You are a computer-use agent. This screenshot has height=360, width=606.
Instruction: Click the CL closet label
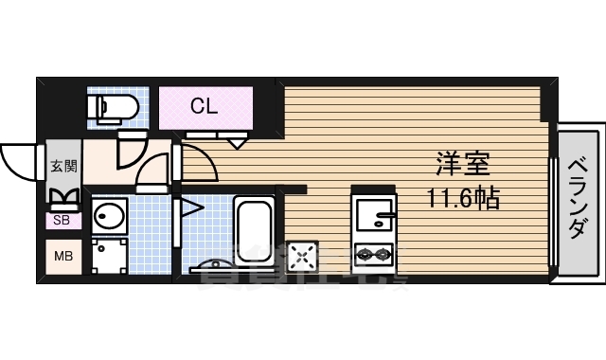pos(205,106)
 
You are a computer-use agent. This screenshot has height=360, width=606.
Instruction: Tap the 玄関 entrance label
pos(63,166)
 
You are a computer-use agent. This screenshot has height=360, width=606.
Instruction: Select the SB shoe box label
pos(63,221)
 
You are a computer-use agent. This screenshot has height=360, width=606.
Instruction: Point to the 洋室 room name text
pos(462,163)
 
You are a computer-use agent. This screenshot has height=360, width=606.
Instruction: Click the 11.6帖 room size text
pos(462,199)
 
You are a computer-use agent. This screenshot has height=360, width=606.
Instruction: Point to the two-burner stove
pos(374,253)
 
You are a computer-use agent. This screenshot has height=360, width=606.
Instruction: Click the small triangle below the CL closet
pos(235,143)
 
